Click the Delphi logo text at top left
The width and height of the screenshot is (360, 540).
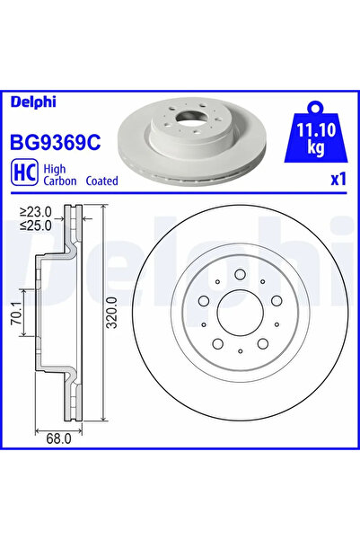point(33,102)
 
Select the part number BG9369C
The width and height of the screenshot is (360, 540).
point(56,143)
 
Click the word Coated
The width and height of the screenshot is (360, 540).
point(101,181)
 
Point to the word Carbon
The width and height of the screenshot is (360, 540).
point(60,181)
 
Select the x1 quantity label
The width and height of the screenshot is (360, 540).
point(338,179)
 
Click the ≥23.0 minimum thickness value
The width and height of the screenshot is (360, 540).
point(35,211)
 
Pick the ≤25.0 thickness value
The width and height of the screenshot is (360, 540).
point(35,226)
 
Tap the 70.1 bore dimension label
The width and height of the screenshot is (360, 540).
point(16,313)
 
